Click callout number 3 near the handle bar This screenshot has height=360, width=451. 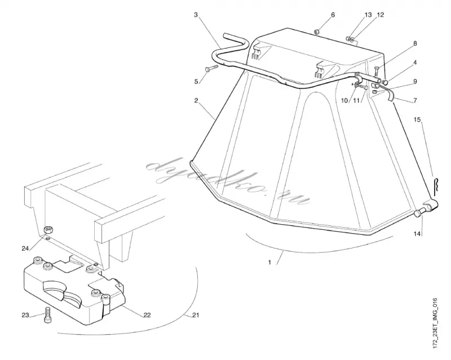click(196, 15)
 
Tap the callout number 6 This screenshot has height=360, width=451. click(333, 15)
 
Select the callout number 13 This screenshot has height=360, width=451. click(369, 15)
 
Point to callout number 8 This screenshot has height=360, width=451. click(415, 43)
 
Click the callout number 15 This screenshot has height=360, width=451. click(417, 119)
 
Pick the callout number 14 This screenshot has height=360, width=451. click(417, 234)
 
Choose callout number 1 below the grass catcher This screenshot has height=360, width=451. click(269, 262)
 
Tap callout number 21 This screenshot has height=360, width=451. click(196, 315)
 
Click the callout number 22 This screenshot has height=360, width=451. click(147, 315)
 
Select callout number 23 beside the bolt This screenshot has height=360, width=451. click(25, 315)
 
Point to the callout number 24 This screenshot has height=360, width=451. click(25, 248)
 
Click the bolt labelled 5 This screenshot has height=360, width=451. click(211, 68)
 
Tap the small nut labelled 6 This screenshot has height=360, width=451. click(317, 32)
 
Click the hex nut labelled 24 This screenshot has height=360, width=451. click(48, 230)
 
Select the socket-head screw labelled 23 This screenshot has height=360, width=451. click(48, 315)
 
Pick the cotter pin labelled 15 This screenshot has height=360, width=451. click(435, 186)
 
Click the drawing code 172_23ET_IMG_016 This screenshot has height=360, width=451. click(435, 323)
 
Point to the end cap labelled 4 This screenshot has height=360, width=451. click(386, 82)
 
